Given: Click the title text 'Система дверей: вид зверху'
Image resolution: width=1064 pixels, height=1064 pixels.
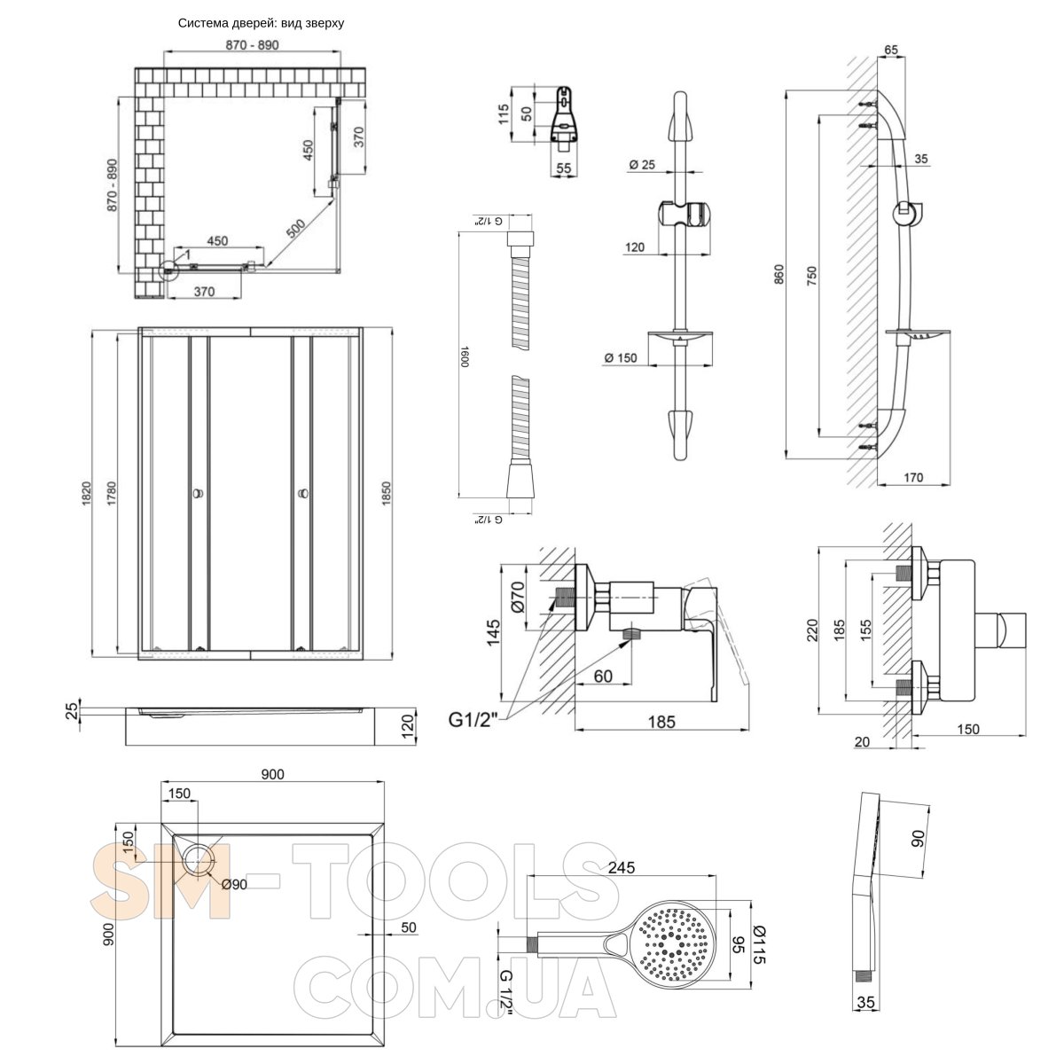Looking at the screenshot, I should (261, 24).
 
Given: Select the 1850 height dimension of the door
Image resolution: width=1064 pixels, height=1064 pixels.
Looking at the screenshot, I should (386, 493).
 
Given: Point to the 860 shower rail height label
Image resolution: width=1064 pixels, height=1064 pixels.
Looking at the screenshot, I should (779, 275).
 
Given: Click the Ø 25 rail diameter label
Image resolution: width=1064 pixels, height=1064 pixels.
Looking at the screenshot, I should (641, 164).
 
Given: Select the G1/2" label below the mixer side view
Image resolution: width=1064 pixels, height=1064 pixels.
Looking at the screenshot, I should (474, 718).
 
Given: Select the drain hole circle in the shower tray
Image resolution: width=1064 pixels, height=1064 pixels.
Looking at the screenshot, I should (199, 858).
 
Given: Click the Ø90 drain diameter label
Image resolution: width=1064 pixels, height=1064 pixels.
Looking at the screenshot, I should (233, 884).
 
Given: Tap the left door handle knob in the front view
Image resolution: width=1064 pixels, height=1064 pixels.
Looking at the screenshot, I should (197, 494).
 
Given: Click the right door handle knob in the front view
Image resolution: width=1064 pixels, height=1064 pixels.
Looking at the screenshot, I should (302, 494).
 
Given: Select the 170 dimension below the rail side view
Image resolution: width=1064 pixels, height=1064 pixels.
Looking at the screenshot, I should (913, 478).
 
